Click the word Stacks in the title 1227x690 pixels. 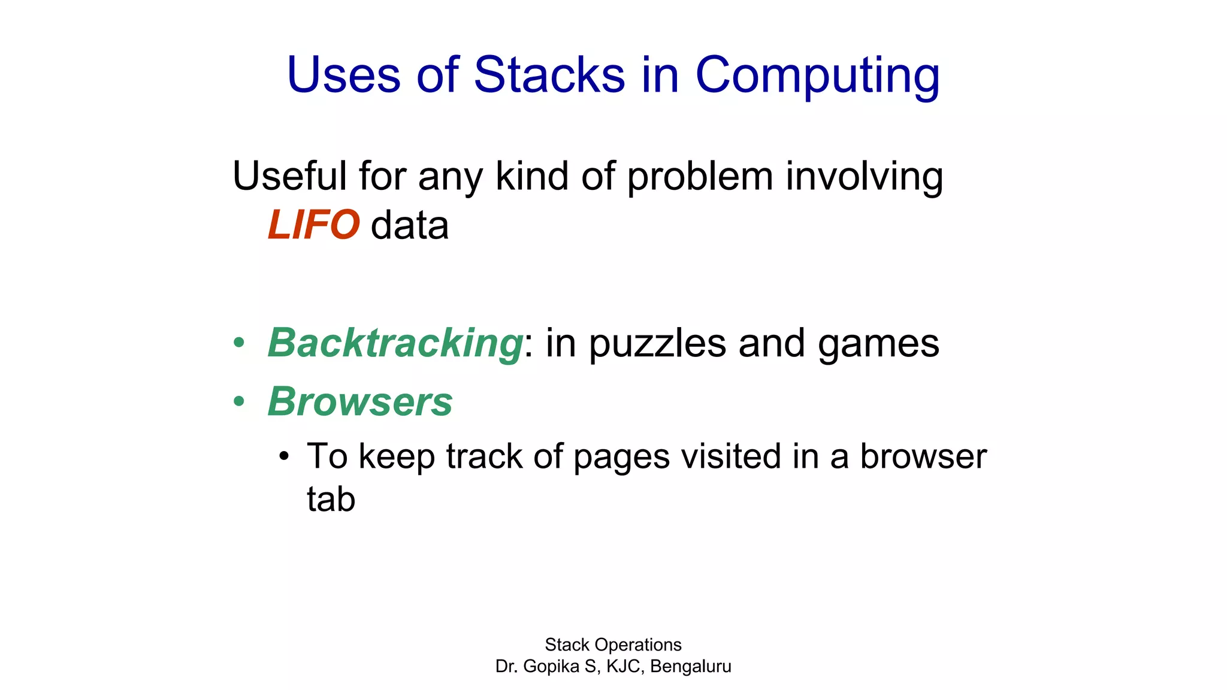(x=549, y=75)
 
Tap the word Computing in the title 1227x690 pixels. (x=817, y=76)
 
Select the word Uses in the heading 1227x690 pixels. (x=343, y=75)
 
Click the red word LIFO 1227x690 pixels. (x=313, y=225)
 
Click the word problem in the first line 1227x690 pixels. (x=700, y=177)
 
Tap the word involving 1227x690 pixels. (x=864, y=177)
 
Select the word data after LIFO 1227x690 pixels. (x=410, y=226)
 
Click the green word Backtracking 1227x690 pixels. (x=395, y=343)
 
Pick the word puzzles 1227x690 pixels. (x=658, y=344)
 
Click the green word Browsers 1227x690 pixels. (x=360, y=401)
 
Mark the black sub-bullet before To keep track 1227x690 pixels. (x=284, y=457)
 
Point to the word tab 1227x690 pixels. (x=331, y=499)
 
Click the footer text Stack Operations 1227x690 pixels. (x=613, y=644)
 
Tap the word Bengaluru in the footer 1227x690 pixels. (x=690, y=667)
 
